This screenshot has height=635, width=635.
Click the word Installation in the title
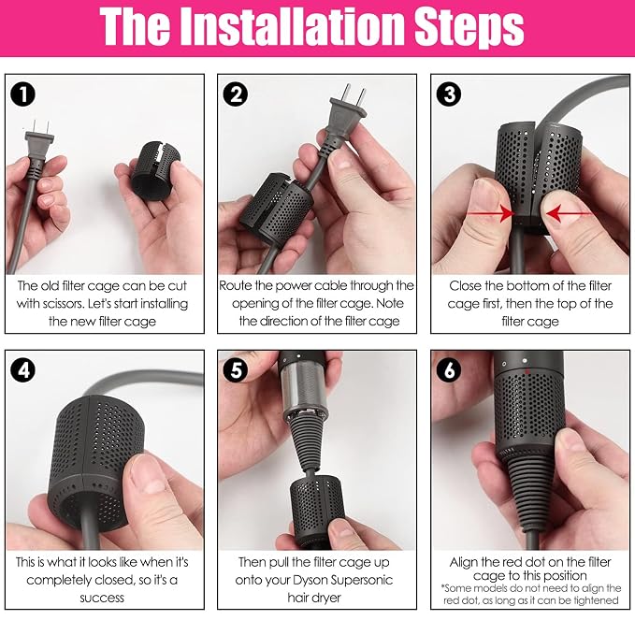click(293, 26)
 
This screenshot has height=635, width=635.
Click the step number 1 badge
click(23, 94)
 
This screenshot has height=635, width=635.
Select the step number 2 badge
click(236, 94)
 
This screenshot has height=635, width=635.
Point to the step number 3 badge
click(448, 94)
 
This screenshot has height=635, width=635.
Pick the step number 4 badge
click(23, 370)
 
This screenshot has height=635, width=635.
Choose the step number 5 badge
click(236, 370)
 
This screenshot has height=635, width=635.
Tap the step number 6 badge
click(448, 370)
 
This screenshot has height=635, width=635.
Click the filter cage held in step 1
click(155, 171)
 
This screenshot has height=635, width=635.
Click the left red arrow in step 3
click(490, 213)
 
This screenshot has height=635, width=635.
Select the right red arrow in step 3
click(569, 213)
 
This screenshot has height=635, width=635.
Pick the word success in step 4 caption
click(102, 598)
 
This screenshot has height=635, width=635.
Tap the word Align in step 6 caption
click(463, 562)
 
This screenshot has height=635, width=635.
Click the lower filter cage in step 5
click(316, 504)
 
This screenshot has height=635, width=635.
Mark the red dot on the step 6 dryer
click(527, 371)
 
